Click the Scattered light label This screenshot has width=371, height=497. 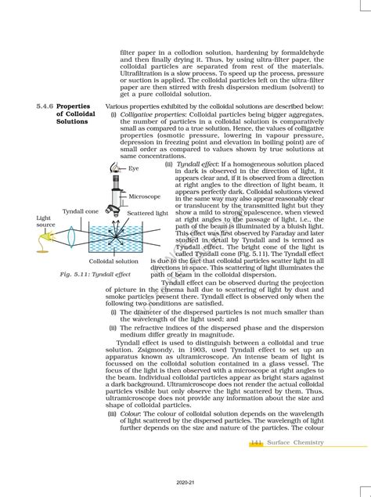(147, 213)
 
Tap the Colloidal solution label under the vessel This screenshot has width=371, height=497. (114, 261)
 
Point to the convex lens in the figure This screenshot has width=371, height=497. (69, 234)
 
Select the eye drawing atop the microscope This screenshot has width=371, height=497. (115, 167)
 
